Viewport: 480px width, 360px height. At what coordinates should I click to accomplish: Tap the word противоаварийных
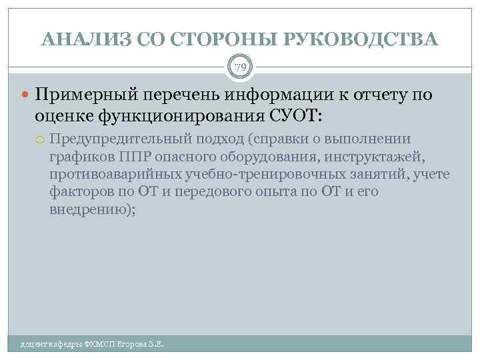(109, 174)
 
